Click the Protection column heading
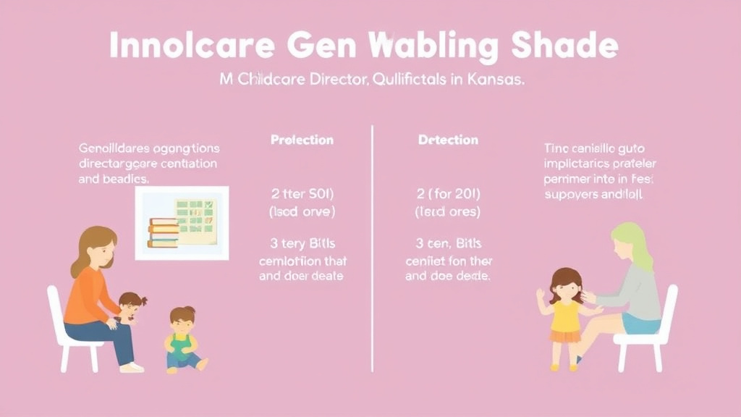click(x=302, y=140)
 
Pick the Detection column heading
click(x=449, y=140)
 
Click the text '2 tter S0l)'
click(x=302, y=195)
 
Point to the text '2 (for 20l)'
click(x=449, y=195)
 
